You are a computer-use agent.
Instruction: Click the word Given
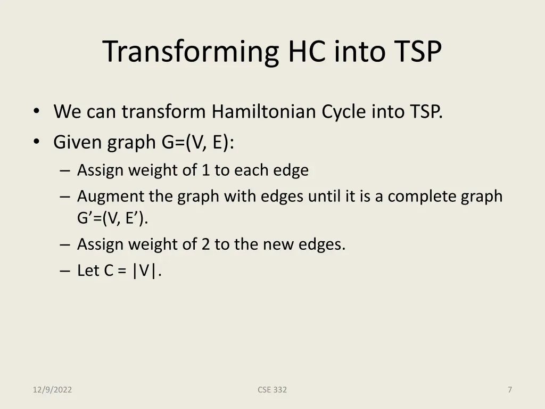pyautogui.click(x=78, y=142)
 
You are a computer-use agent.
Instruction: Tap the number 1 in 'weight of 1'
pyautogui.click(x=205, y=170)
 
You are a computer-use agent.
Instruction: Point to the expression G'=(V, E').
pyautogui.click(x=112, y=218)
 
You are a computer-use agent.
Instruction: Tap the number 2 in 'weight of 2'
pyautogui.click(x=205, y=244)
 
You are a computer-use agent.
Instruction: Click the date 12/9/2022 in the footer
pyautogui.click(x=52, y=390)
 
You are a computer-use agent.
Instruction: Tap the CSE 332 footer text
pyautogui.click(x=272, y=390)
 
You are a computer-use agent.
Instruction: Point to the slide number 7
pyautogui.click(x=509, y=390)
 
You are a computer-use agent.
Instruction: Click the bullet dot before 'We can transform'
pyautogui.click(x=36, y=111)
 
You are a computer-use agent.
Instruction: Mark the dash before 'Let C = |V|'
pyautogui.click(x=65, y=271)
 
